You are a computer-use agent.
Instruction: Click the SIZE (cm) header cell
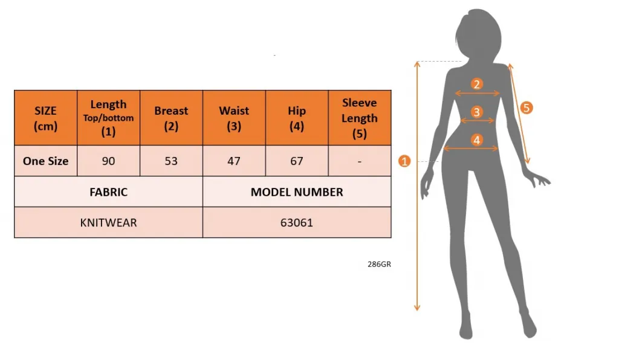click(45, 118)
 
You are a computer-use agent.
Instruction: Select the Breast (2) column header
click(171, 118)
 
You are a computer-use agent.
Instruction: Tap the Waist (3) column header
click(234, 118)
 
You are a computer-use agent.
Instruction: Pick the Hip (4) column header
click(297, 118)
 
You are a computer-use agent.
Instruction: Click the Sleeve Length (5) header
click(360, 118)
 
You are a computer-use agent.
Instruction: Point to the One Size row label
click(45, 161)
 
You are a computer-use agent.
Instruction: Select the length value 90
click(108, 161)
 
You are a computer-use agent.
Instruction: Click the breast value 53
click(171, 161)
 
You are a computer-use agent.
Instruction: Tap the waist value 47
click(234, 161)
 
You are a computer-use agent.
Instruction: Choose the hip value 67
click(297, 161)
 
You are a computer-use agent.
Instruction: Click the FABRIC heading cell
click(109, 192)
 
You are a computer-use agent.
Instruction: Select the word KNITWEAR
click(109, 223)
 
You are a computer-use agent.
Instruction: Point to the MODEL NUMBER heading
click(297, 192)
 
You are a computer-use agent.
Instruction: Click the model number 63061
click(297, 223)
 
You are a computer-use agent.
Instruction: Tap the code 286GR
click(379, 264)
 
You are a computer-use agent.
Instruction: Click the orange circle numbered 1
click(405, 161)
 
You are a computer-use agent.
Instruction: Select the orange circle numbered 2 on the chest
click(477, 84)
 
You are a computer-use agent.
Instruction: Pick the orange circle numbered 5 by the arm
click(526, 108)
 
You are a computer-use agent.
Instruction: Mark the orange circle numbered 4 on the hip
click(477, 140)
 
